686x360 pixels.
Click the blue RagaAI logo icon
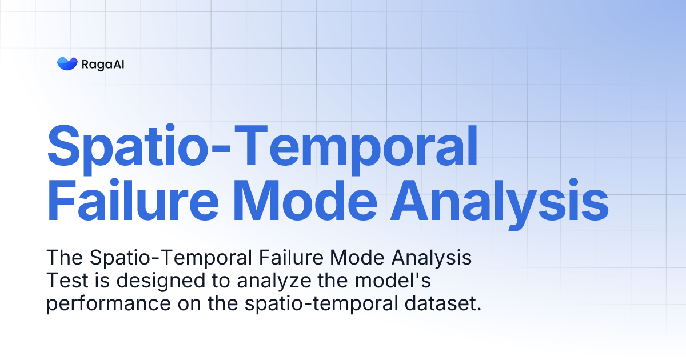pos(67,63)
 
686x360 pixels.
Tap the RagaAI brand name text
pos(103,64)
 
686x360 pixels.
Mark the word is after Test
pos(91,281)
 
